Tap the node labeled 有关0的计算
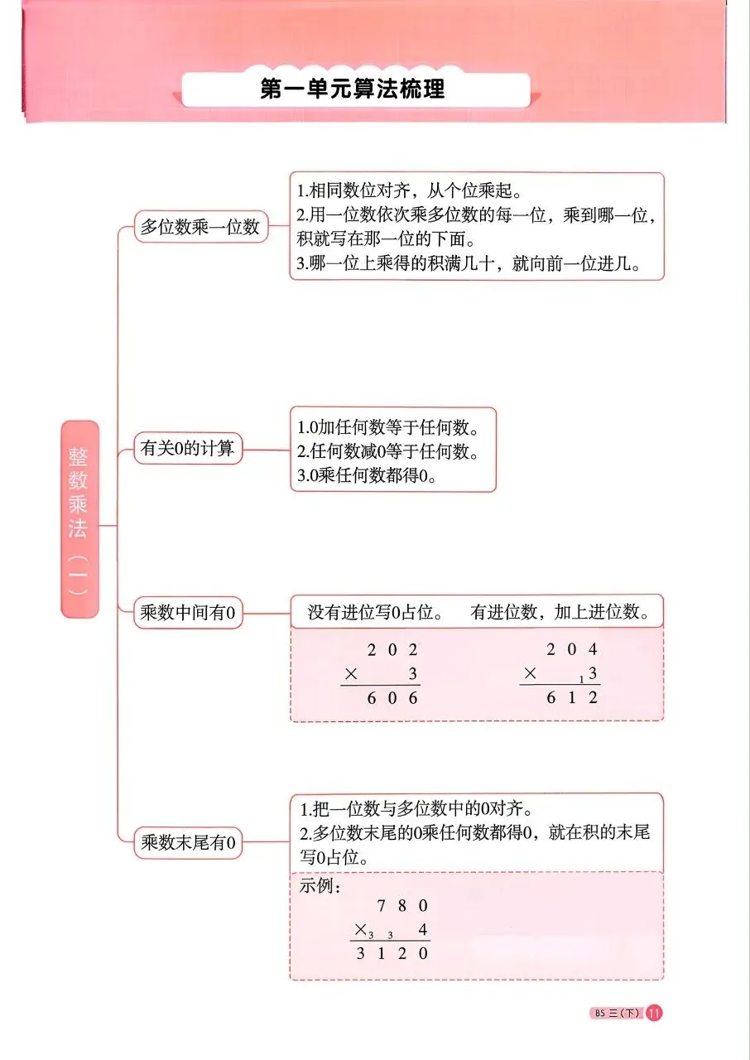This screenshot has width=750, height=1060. (x=188, y=450)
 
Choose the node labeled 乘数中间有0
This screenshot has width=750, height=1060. (x=188, y=614)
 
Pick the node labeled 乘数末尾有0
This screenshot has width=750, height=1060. (x=188, y=843)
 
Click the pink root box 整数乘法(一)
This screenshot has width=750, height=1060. (x=79, y=518)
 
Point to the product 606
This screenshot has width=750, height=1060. (x=392, y=698)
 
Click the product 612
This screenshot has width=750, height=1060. (x=571, y=698)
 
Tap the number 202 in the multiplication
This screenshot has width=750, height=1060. (x=392, y=650)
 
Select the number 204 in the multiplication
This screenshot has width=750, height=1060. (x=571, y=650)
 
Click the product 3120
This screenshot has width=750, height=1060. (x=392, y=953)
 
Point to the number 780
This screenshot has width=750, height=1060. (x=402, y=905)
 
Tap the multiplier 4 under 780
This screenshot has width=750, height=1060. (x=423, y=929)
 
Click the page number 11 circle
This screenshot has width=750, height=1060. (x=654, y=1013)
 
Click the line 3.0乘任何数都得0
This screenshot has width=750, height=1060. (x=367, y=477)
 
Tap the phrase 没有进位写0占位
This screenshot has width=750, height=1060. (x=373, y=613)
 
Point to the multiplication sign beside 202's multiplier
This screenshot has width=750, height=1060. (x=350, y=674)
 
